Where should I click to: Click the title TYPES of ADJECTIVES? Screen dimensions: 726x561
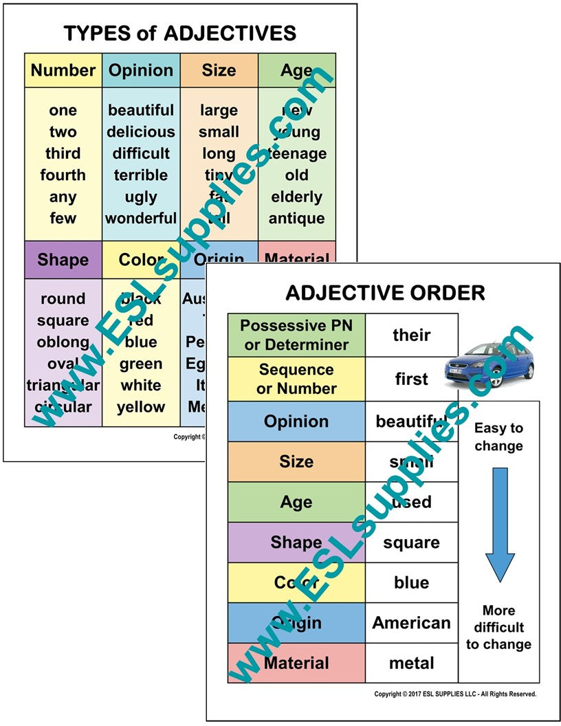tap(179, 32)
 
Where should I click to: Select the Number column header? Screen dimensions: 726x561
tap(63, 70)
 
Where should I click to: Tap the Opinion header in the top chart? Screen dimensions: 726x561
tap(141, 70)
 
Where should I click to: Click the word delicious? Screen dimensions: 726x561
tap(141, 132)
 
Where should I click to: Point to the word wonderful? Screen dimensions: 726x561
tap(141, 219)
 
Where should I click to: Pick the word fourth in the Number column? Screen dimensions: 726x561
tap(63, 175)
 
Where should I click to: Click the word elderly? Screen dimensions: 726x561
tap(296, 197)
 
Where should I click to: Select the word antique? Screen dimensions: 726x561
tap(296, 219)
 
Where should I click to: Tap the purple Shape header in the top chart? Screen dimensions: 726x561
tap(63, 260)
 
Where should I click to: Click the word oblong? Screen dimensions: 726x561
tap(63, 342)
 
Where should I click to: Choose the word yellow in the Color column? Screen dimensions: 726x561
tap(141, 407)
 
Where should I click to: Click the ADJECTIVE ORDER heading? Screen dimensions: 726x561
tap(385, 293)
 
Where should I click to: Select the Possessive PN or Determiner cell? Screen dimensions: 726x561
tap(296, 335)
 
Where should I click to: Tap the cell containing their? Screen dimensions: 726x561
tap(411, 335)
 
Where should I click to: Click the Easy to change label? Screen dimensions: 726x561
tap(499, 437)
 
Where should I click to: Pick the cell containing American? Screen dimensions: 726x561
tap(411, 623)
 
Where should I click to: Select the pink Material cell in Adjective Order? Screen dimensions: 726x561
tap(296, 663)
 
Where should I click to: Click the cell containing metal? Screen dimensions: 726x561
tap(411, 663)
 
